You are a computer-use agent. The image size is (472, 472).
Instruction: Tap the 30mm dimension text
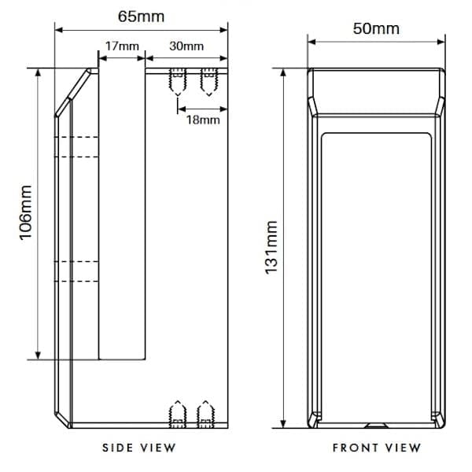186,46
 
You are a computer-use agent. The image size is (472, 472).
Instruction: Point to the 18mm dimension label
203,119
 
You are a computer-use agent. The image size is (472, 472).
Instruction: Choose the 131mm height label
272,248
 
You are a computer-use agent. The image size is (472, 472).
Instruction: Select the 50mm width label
375,28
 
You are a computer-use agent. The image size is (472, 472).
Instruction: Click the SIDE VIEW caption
139,448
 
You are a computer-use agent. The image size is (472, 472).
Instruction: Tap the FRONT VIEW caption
376,448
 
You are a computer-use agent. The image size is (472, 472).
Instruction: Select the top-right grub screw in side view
208,81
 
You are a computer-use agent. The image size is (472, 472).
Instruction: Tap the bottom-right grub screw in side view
206,414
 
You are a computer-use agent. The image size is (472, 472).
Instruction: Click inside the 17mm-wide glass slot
122,212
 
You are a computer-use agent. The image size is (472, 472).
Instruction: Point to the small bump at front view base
376,426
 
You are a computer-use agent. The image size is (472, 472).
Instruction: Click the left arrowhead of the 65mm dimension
57,31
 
